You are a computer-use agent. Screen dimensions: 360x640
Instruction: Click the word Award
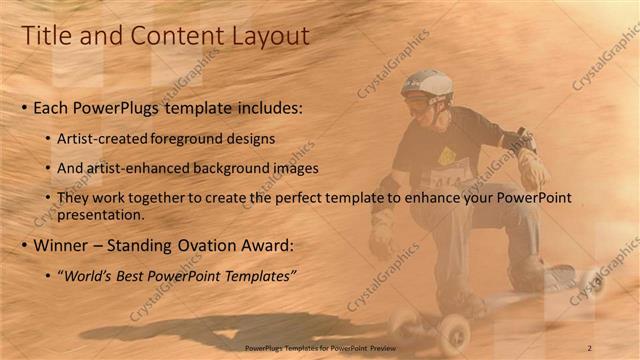pos(271,245)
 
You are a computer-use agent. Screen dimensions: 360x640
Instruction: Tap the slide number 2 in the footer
pos(590,347)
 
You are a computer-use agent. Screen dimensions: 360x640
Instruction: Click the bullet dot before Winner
pos(24,245)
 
